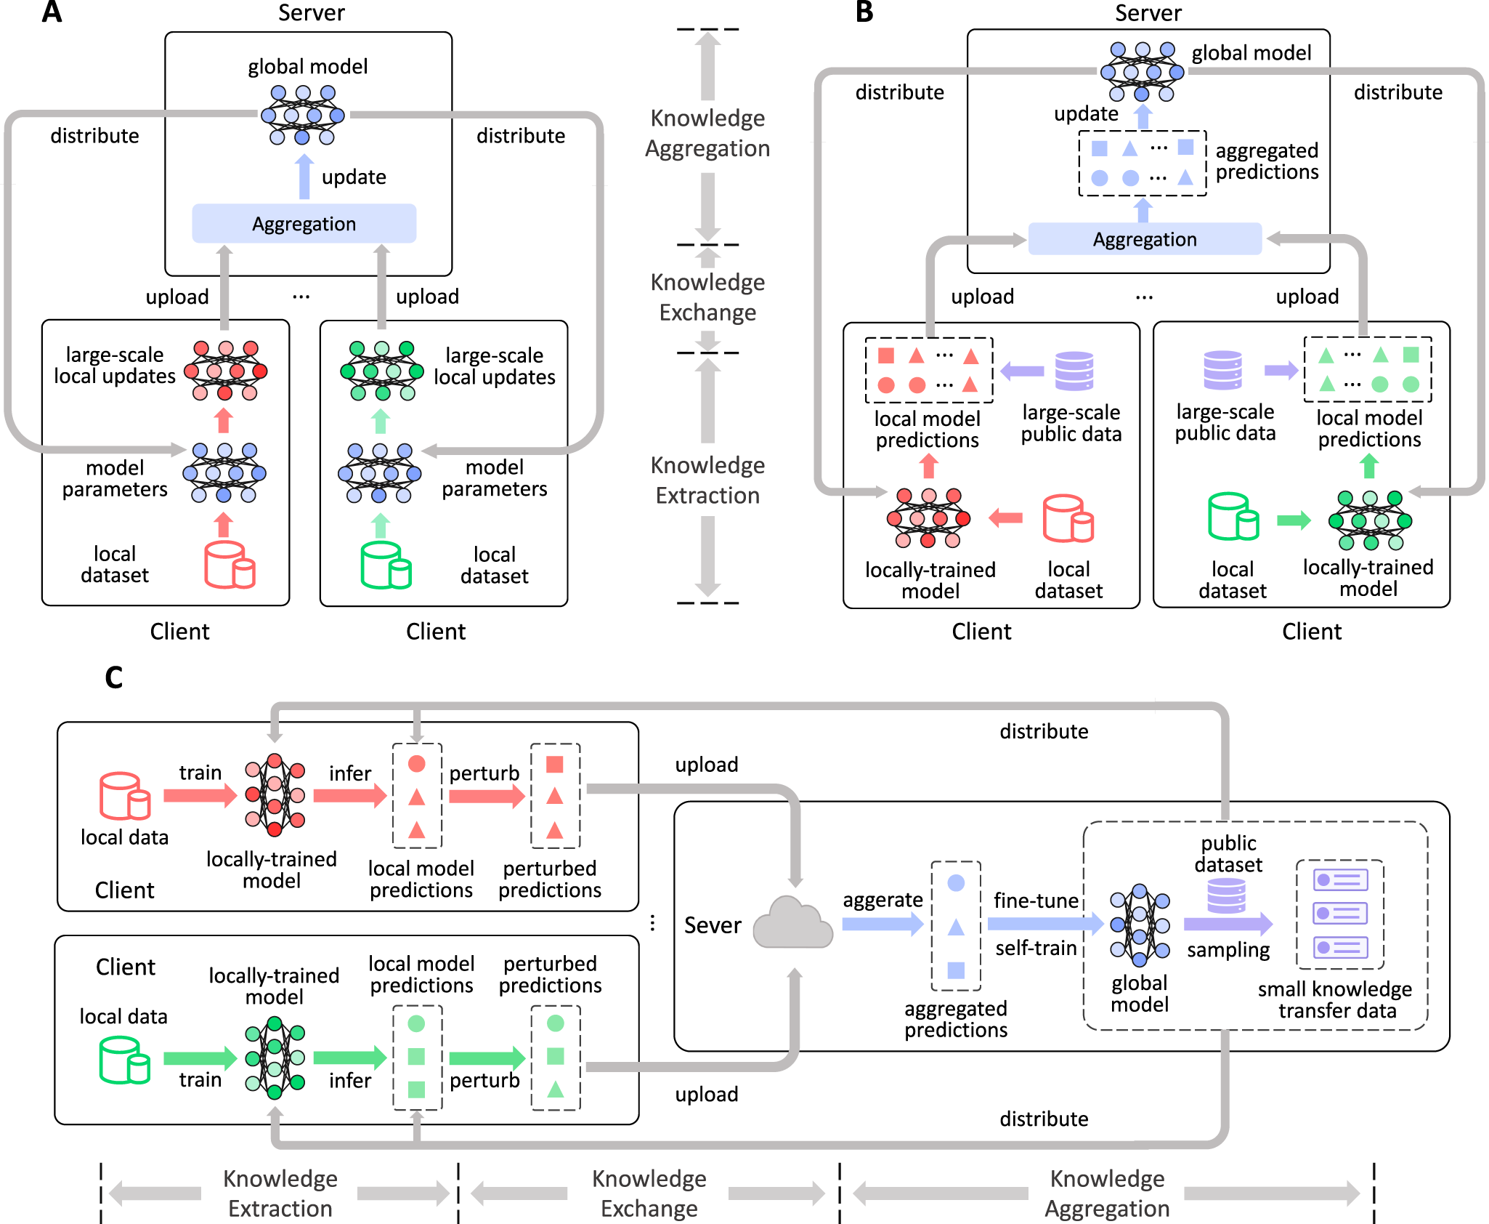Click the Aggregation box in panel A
304,223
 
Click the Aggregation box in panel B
1144,239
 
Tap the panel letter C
113,677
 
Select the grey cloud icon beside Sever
792,923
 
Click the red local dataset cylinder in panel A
229,564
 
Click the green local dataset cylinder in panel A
386,565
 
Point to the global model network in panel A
303,114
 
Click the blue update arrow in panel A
305,177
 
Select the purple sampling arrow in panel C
1228,924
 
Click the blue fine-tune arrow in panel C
1045,924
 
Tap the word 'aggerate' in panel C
883,900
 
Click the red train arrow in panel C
200,795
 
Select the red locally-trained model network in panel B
928,518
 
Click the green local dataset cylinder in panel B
1233,517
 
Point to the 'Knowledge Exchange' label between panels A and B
707,297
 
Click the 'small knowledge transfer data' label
1336,999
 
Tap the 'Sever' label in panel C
713,925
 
